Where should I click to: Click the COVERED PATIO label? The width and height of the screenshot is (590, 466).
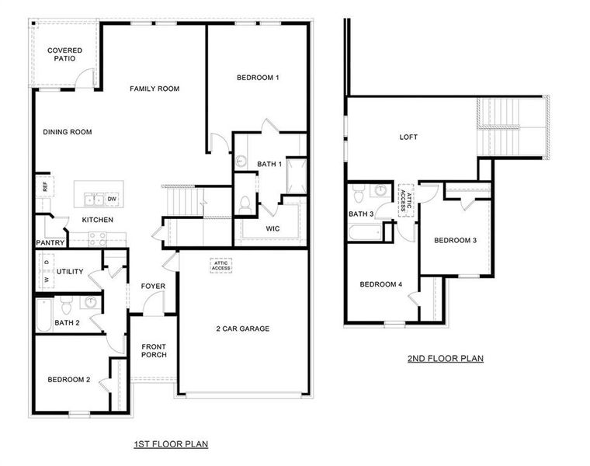click(x=64, y=54)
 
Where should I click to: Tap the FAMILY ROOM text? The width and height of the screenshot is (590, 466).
click(x=154, y=89)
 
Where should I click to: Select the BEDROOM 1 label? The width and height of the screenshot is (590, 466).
click(x=258, y=78)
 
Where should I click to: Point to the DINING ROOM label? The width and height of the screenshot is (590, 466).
click(x=68, y=132)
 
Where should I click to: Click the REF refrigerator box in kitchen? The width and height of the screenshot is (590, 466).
click(x=44, y=187)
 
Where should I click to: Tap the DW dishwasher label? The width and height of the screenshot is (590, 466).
click(x=112, y=200)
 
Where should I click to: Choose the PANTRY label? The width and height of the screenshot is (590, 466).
click(x=50, y=243)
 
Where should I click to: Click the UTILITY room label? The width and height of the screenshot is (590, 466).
click(x=70, y=272)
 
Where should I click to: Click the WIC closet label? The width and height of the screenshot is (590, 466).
click(x=272, y=228)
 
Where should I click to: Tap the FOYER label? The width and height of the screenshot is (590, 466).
click(x=153, y=286)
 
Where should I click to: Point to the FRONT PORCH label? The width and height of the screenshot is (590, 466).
click(x=154, y=352)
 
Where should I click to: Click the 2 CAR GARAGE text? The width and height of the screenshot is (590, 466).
click(x=243, y=329)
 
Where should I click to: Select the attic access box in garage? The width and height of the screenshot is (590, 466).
click(x=221, y=266)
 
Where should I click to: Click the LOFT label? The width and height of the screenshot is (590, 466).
click(x=408, y=137)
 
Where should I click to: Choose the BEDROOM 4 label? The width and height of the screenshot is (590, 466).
click(x=380, y=284)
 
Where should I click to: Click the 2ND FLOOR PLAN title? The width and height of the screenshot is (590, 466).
click(x=446, y=359)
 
